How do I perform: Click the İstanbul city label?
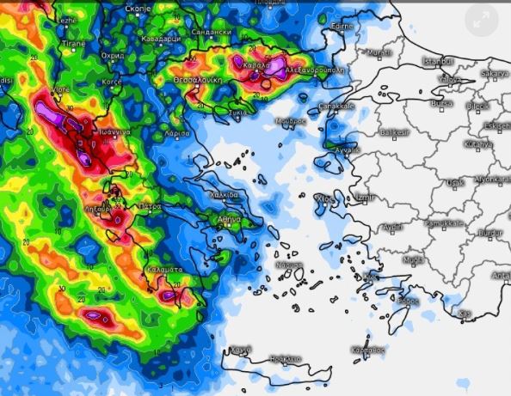pos(437,62)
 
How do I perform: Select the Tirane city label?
pos(73,42)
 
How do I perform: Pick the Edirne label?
pos(342,27)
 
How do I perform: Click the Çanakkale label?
pos(337,106)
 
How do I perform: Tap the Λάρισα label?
pos(176,135)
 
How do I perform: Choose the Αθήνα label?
pos(229,219)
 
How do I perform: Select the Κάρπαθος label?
pos(367,349)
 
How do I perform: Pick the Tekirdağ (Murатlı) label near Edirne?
pos(379,53)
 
